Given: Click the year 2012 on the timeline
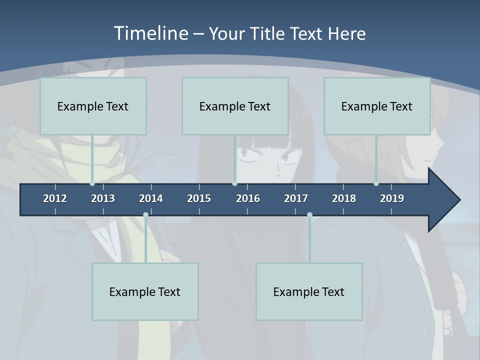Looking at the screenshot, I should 55,198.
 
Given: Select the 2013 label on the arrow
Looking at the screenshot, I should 103,198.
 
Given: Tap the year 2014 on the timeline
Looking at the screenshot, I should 151,198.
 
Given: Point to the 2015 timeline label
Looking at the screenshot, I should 199,198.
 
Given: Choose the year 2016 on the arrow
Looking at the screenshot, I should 248,198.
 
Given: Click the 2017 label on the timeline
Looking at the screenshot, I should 296,198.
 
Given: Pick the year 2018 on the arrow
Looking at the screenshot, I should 344,198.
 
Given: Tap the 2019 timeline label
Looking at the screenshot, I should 392,198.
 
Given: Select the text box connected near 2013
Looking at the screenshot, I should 93,106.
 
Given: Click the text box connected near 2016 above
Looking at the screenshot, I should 235,106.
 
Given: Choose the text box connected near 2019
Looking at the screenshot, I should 377,106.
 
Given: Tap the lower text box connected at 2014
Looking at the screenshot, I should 145,291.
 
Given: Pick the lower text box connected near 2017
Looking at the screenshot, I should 309,291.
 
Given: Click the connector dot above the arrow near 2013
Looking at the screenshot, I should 92,183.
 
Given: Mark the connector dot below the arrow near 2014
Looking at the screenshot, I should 145,215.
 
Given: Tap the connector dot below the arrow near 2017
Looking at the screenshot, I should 309,215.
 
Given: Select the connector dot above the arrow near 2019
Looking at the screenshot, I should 376,183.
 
